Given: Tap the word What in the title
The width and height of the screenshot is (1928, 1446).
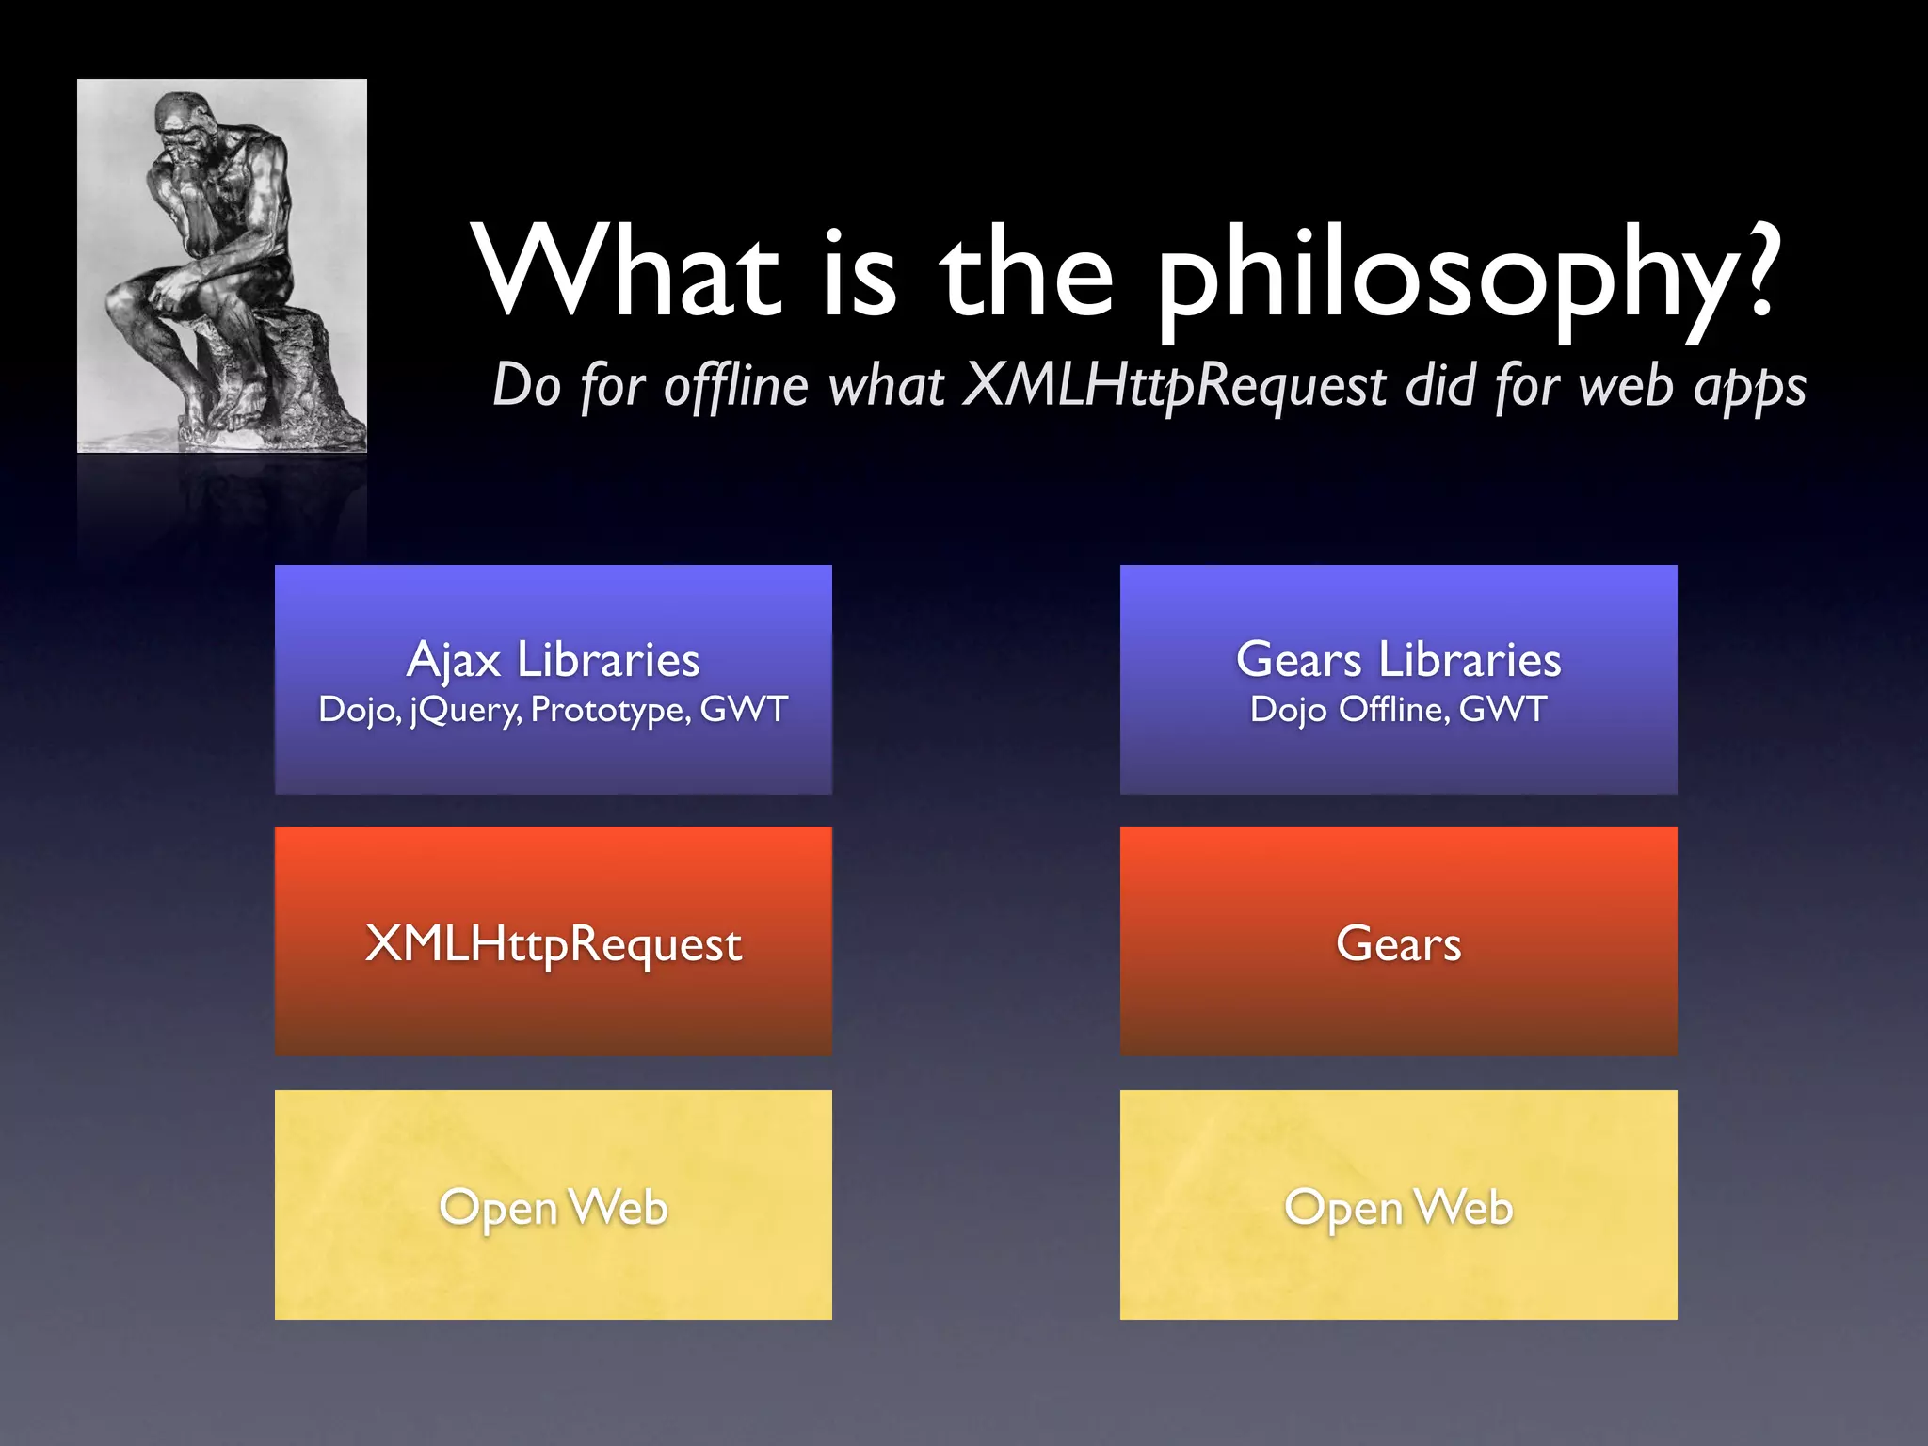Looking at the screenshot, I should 626,273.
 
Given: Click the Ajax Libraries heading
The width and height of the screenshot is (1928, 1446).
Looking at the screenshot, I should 553,660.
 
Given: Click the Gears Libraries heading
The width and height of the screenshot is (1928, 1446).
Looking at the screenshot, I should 1398,660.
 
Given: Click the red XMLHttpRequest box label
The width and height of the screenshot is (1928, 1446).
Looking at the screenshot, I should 553,944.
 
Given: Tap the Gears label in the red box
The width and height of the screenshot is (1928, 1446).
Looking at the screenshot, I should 1398,944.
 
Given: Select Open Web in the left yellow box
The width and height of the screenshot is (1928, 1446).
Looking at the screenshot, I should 553,1208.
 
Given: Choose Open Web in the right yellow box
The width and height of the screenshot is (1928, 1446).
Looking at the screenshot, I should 1398,1208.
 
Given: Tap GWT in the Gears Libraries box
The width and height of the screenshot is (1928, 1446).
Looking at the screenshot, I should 1502,710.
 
